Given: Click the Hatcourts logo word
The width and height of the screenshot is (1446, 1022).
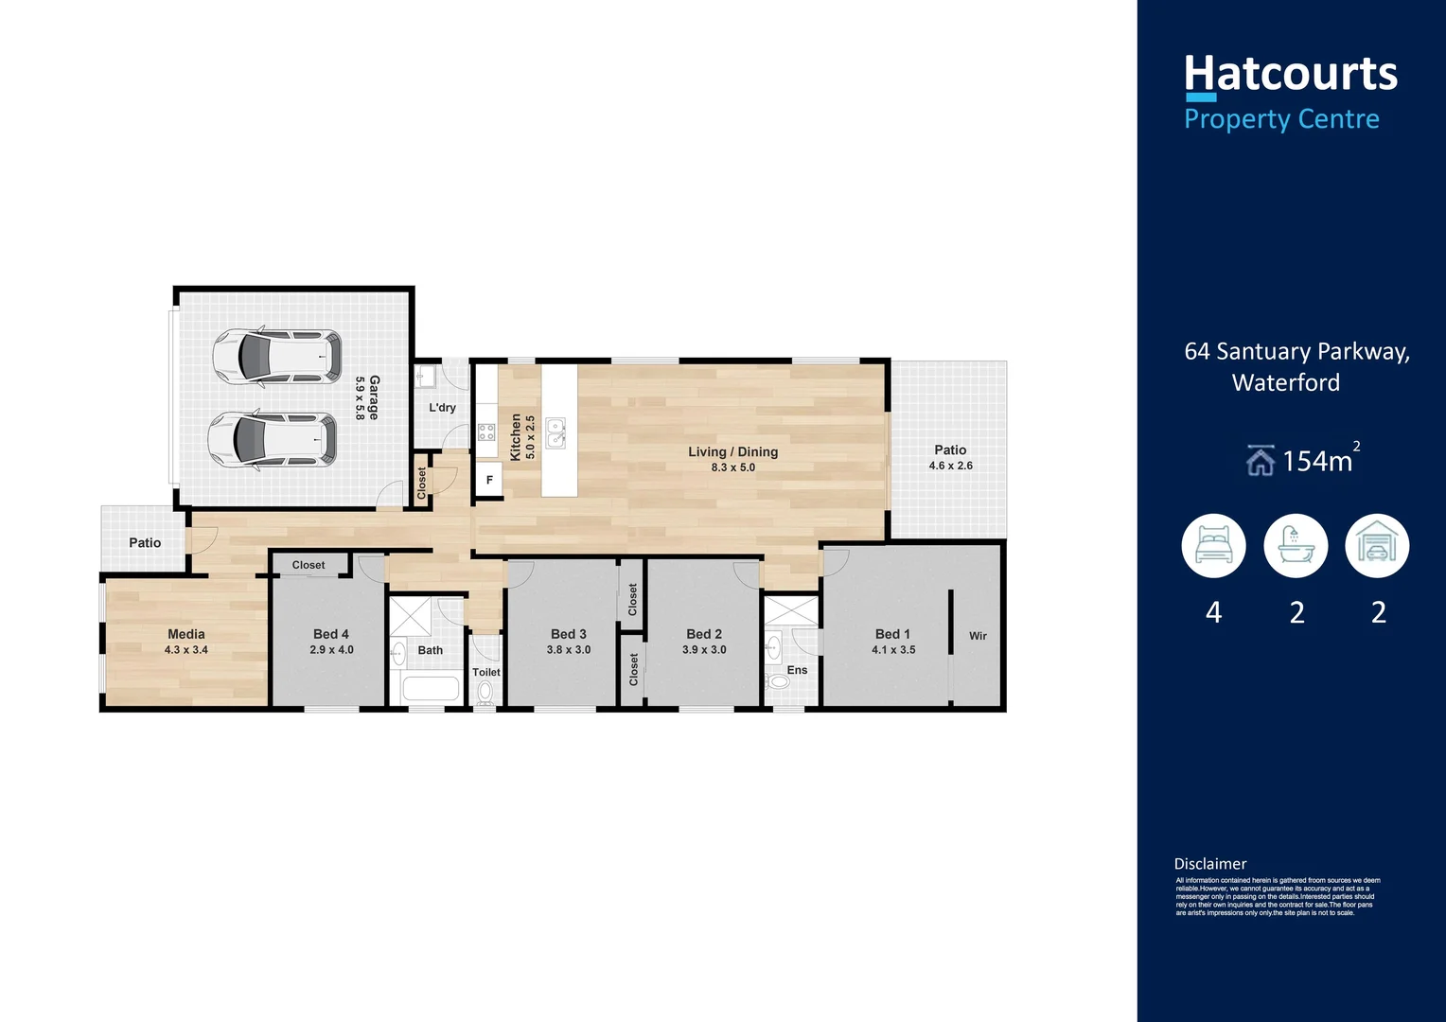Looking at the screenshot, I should coord(1290,74).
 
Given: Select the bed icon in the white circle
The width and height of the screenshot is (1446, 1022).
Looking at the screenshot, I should coord(1213,546).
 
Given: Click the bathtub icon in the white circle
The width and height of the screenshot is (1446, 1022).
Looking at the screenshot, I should coord(1296,546).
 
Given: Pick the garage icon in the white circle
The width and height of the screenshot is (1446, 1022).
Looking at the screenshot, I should coord(1377,546).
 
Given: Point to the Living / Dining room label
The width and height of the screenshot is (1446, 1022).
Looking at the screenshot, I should coord(732,451).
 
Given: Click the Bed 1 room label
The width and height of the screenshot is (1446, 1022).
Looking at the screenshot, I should coord(892,634).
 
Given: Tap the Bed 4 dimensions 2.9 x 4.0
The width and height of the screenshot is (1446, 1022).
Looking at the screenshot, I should coord(331,650).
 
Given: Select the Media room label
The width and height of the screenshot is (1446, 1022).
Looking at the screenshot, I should coord(186,634).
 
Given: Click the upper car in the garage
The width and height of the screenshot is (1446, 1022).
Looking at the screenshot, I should coord(276,357).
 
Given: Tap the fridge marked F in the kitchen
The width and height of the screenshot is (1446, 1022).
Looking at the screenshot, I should coord(489,480).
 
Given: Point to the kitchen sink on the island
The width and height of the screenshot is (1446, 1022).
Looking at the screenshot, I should coord(556,432).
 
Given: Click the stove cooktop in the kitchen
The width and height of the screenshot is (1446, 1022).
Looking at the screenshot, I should coord(486,432).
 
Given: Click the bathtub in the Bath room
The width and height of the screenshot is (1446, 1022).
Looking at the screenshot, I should coord(430,688).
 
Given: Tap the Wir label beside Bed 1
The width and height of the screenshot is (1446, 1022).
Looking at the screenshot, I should coord(978,636).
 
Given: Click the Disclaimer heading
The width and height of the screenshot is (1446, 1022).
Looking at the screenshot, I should coord(1210,864).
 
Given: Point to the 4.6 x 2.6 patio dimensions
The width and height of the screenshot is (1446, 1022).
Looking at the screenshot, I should coord(950,466).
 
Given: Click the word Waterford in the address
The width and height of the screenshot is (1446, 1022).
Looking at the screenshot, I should coord(1285,382).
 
